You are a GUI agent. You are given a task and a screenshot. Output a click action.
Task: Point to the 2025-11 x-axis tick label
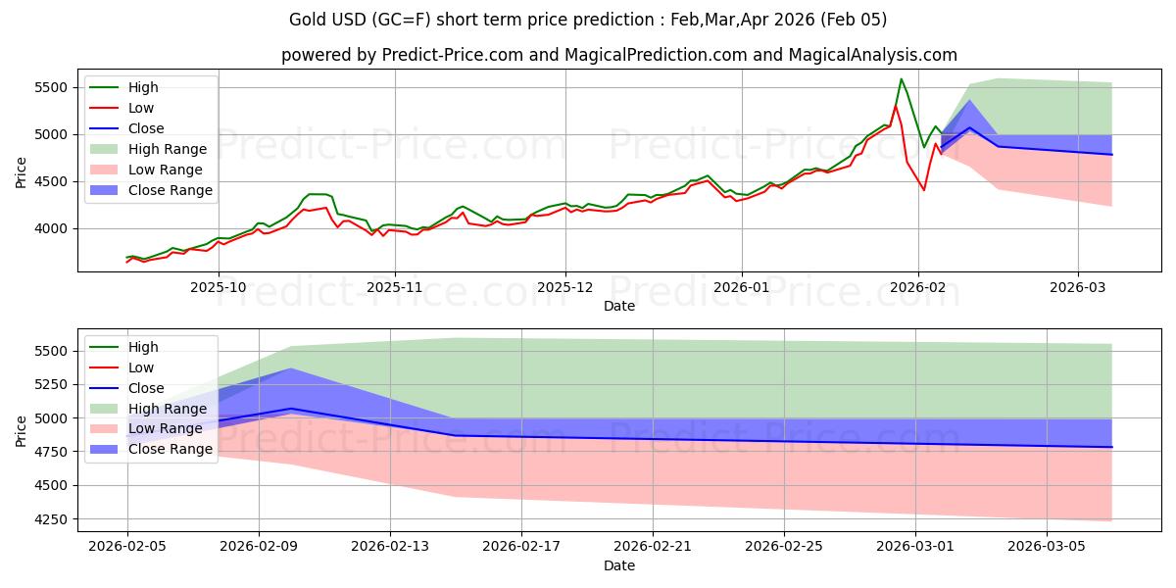point(395,287)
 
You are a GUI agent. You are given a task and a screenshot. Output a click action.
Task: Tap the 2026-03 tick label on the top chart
point(1078,287)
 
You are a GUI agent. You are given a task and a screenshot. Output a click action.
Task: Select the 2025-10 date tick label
point(218,287)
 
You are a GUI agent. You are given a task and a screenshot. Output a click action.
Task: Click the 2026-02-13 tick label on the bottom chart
point(390,547)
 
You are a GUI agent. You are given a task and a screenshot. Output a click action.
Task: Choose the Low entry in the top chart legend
point(141,108)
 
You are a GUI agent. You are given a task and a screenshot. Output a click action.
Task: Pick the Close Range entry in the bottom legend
point(171,449)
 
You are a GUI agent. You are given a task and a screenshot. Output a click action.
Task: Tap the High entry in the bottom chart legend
point(143,347)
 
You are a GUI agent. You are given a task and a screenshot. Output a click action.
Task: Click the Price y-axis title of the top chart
point(22,171)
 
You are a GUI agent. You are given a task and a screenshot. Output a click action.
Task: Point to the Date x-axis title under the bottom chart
point(619,565)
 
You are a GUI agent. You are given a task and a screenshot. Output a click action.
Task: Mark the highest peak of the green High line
point(901,78)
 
